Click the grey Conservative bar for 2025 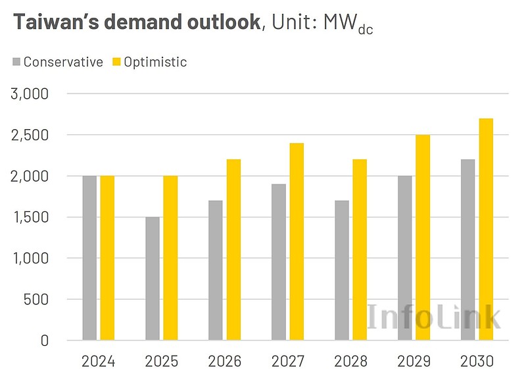point(153,279)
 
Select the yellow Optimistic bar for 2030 point(485,229)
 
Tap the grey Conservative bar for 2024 point(89,258)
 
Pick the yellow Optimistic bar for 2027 point(297,242)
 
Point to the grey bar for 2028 point(342,271)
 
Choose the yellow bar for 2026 point(233,250)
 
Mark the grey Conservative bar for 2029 point(405,258)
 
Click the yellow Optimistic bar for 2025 point(170,258)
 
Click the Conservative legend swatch point(16,63)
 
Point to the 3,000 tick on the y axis point(30,94)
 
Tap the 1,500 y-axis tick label point(30,217)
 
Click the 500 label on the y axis point(36,300)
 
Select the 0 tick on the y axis point(44,340)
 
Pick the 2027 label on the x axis point(287,362)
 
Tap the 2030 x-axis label point(477,362)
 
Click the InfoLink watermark point(434,317)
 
